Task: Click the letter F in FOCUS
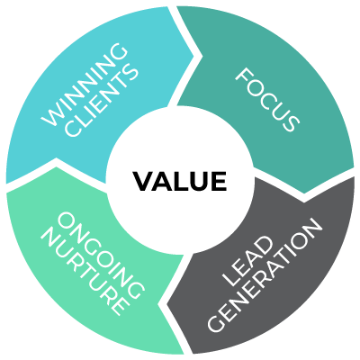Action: coord(240,74)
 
